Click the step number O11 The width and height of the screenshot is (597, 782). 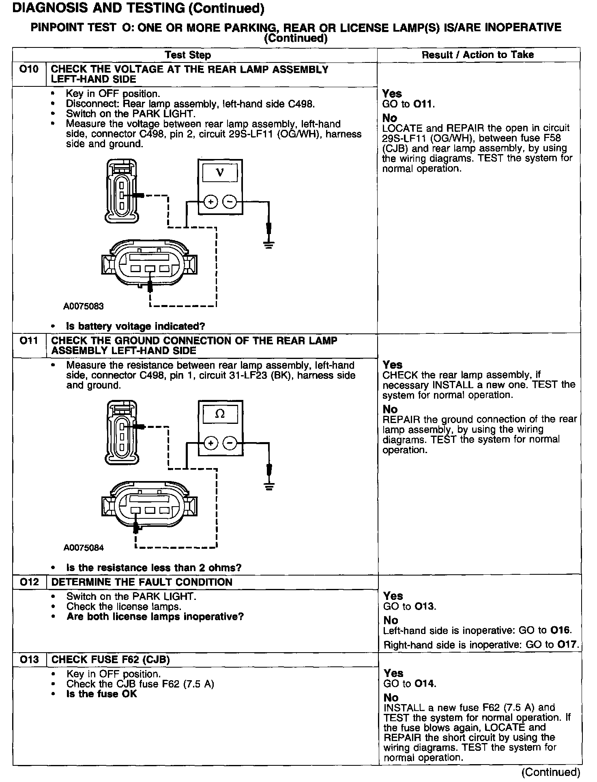tap(29, 341)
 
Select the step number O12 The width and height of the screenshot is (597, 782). tap(29, 582)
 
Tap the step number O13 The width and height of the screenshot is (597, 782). tap(29, 660)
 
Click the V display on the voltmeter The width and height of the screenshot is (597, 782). tap(220, 174)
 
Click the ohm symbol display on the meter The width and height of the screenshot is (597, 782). tap(220, 415)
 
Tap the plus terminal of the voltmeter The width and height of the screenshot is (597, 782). tap(210, 202)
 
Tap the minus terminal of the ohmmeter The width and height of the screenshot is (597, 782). tap(230, 443)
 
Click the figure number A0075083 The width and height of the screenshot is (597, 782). tap(84, 307)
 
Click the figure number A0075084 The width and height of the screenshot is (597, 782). tap(84, 548)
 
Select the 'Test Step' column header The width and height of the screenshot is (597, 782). tap(188, 55)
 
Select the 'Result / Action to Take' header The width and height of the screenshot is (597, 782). tap(478, 55)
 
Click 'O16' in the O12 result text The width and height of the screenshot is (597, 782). tap(560, 631)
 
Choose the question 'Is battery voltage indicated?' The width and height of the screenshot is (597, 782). tap(135, 327)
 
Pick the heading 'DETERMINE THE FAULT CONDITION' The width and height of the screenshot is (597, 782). tap(142, 582)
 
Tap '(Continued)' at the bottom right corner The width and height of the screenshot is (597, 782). tap(552, 772)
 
